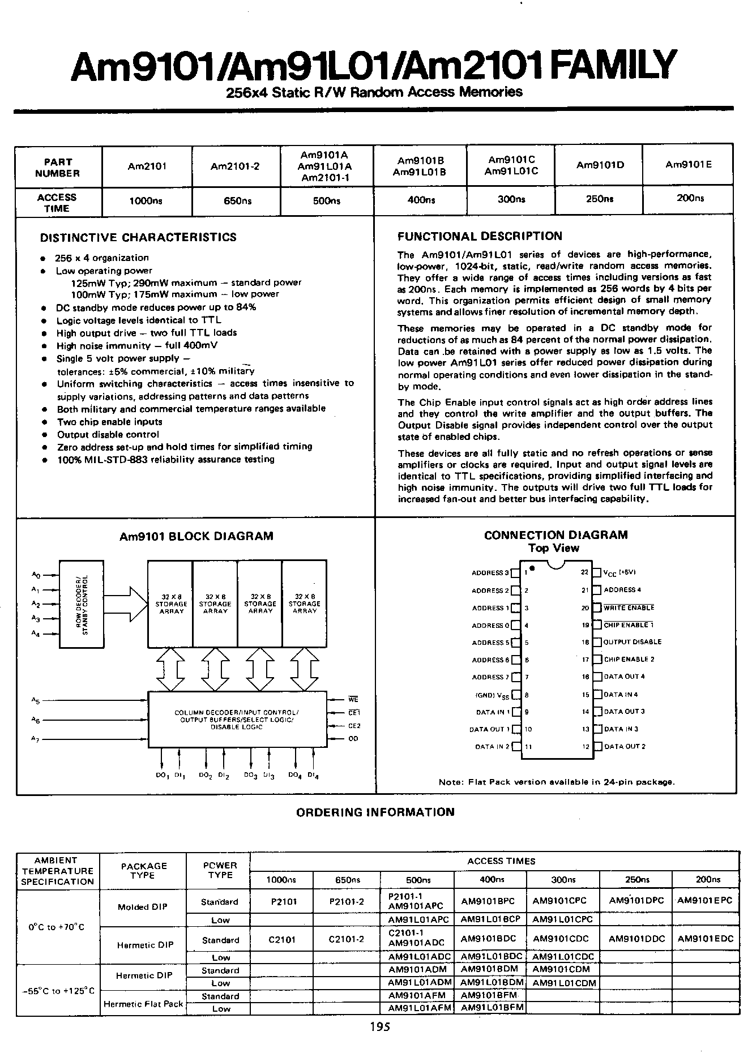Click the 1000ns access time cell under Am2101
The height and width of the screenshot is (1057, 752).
[x=147, y=201]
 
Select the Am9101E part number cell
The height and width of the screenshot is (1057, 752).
[x=688, y=165]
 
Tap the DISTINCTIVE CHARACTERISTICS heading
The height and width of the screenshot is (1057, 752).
[x=138, y=237]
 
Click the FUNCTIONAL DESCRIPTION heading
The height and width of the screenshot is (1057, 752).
[x=480, y=236]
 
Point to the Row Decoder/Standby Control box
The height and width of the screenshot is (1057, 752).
[x=82, y=604]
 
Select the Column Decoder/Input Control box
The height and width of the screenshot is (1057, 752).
[x=237, y=719]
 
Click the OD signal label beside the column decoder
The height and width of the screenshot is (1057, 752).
[x=353, y=738]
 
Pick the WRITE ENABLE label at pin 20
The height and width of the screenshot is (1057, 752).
[x=629, y=607]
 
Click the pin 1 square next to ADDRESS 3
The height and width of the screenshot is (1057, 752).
[x=515, y=573]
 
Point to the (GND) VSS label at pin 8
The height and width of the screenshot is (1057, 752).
[x=492, y=695]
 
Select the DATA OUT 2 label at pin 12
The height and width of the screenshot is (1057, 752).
[x=625, y=747]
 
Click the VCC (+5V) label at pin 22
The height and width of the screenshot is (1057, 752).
[x=621, y=572]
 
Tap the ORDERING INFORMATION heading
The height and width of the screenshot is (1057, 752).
[x=375, y=812]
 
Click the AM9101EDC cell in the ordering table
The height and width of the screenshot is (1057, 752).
[x=705, y=939]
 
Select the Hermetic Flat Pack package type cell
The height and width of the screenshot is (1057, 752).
[x=143, y=1004]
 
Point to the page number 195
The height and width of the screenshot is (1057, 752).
[x=379, y=1026]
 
